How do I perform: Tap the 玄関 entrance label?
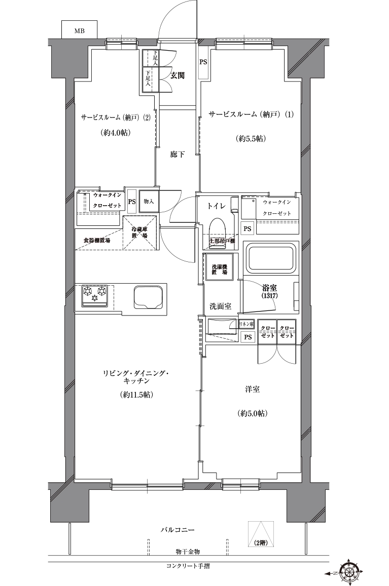[x=177, y=76]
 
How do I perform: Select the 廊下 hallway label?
[x=177, y=154]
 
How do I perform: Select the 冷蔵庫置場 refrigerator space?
[x=140, y=232]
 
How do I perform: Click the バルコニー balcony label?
[x=178, y=530]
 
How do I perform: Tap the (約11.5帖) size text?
[x=137, y=395]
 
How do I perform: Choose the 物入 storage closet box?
[x=149, y=202]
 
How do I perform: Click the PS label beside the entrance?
[x=203, y=62]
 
